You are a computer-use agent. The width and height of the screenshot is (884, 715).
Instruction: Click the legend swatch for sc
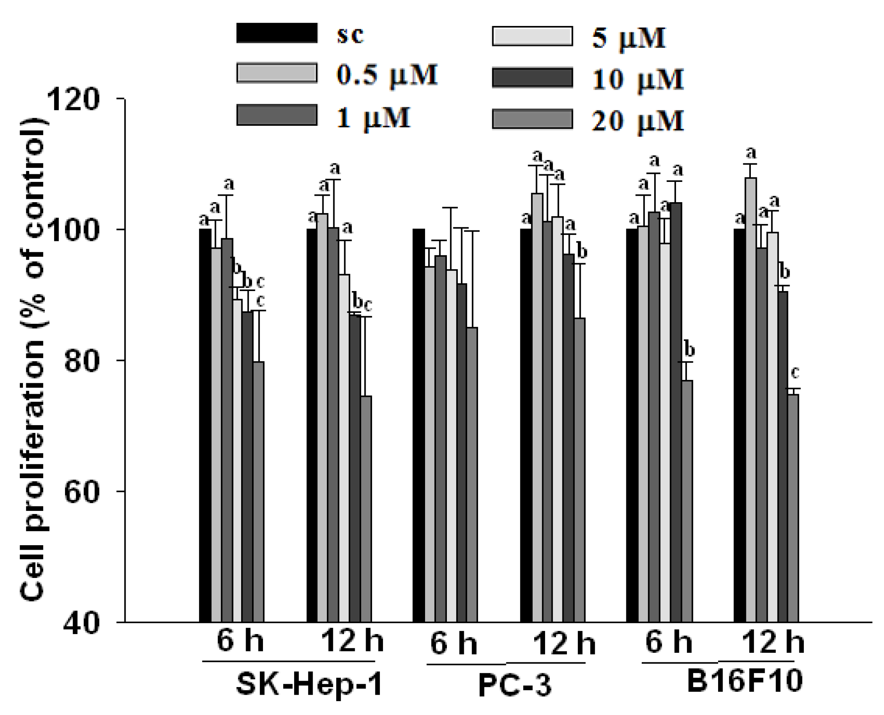(x=276, y=33)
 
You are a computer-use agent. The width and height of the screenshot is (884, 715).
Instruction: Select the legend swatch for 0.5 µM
(x=276, y=73)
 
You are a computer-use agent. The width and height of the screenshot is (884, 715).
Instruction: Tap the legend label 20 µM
(x=638, y=121)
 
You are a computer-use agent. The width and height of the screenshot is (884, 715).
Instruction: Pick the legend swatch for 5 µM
(x=532, y=36)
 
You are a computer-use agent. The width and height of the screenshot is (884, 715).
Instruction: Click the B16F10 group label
(x=744, y=680)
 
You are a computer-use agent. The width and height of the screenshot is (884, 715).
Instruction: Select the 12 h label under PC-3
(x=564, y=644)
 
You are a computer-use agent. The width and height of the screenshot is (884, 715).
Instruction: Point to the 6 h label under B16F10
(x=668, y=642)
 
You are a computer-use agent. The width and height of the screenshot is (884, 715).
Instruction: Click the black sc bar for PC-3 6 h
(x=419, y=424)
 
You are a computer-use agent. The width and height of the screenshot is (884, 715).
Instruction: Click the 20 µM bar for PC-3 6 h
(x=472, y=474)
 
